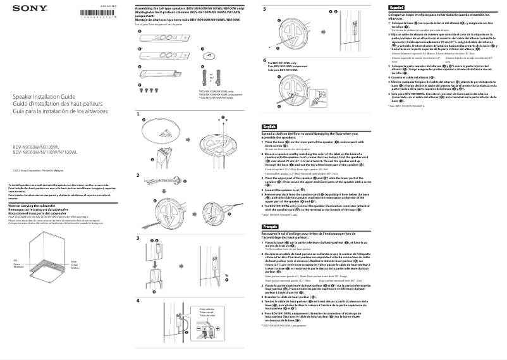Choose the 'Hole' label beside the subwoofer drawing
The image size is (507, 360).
(74, 261)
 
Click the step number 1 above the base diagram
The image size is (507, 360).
(137, 115)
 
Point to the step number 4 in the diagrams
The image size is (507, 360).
(137, 301)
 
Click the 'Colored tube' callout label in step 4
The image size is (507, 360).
(207, 309)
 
